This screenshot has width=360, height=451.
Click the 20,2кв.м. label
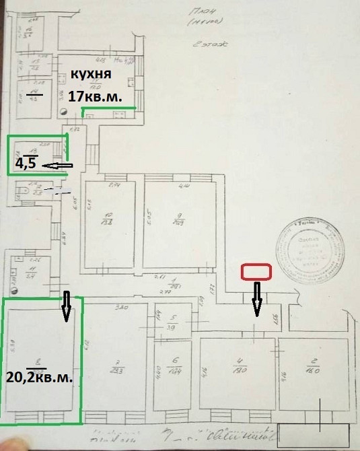click(40, 376)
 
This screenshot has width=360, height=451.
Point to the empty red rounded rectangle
click(256, 271)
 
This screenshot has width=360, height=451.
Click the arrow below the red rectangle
click(256, 298)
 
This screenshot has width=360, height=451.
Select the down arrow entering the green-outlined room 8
click(66, 306)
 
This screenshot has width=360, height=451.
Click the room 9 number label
click(179, 219)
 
